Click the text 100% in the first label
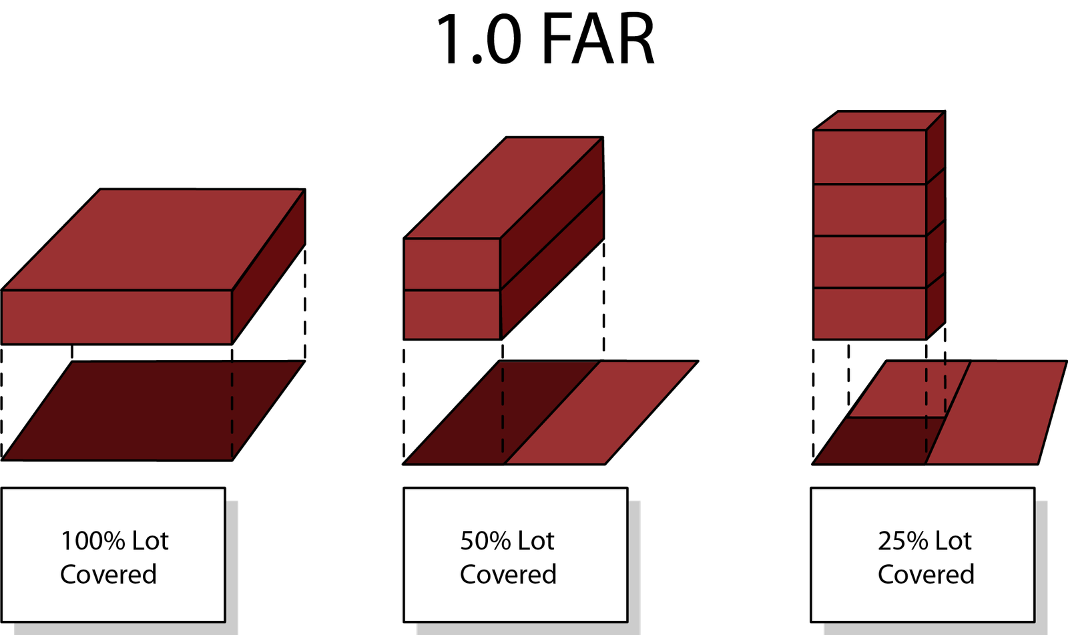click(x=92, y=541)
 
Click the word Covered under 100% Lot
click(x=108, y=574)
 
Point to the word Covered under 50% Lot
click(x=508, y=574)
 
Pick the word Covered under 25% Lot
click(x=926, y=574)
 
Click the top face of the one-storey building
click(x=154, y=240)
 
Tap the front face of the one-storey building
click(x=117, y=316)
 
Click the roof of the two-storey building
click(x=504, y=187)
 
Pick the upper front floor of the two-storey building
click(x=452, y=264)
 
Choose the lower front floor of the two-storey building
click(x=452, y=314)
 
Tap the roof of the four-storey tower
click(x=878, y=121)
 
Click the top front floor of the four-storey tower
click(x=869, y=156)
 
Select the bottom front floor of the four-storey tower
click(x=869, y=313)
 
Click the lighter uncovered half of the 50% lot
click(x=601, y=414)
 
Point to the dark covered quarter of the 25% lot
click(x=874, y=441)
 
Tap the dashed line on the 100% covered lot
click(x=232, y=414)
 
